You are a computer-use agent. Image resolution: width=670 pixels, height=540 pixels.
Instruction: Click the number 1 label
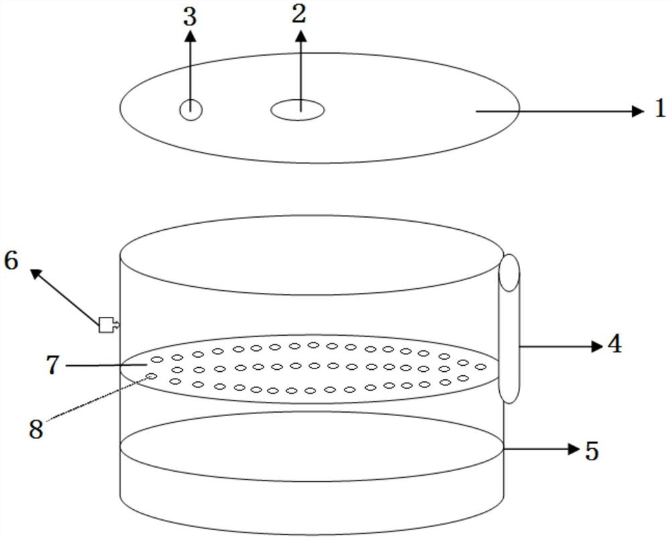[x=660, y=109]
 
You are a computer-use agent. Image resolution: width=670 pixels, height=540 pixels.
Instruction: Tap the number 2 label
[x=299, y=15]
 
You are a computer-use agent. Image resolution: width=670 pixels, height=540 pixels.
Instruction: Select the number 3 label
[x=190, y=17]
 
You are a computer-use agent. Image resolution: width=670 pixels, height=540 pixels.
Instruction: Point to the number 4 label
[x=614, y=344]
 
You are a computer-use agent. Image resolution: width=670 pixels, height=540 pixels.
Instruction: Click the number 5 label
[x=591, y=451]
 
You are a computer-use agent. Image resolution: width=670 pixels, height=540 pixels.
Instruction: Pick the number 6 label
[x=11, y=260]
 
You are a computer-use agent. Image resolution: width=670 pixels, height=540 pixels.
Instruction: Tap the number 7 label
[x=54, y=365]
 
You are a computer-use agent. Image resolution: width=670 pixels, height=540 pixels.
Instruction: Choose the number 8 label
[x=36, y=429]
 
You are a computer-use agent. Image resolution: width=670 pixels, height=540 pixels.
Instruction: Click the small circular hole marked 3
[x=191, y=110]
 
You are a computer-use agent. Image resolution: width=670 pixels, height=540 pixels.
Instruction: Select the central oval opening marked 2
[x=297, y=110]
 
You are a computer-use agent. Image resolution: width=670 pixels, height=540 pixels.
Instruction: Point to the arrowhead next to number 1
[x=637, y=111]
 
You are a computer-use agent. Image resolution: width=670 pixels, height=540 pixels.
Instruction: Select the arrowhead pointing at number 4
[x=597, y=346]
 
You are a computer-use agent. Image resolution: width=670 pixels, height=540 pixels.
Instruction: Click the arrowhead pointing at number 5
[x=573, y=449]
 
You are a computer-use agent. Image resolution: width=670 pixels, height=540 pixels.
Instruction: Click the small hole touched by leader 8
[x=152, y=377]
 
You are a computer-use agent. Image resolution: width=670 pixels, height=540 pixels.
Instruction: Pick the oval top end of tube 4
[x=509, y=273]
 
